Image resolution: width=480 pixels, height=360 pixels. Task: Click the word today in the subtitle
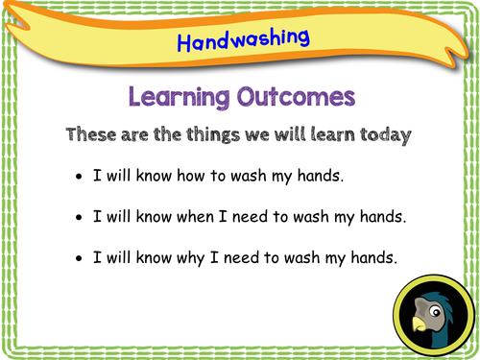pos(384,135)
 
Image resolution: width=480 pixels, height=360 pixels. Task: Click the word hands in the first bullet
pos(313,178)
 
